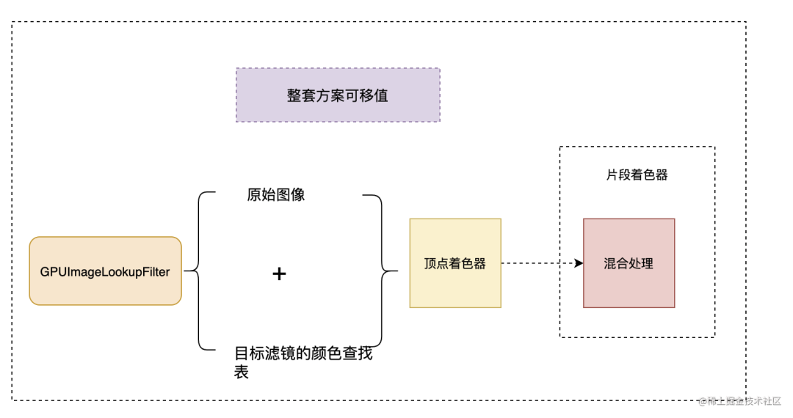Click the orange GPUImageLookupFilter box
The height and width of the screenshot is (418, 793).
click(105, 271)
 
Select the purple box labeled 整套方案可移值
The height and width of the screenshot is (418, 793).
click(338, 95)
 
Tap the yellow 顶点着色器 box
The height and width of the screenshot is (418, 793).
click(455, 263)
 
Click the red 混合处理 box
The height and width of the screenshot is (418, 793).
click(629, 263)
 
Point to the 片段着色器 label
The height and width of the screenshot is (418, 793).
click(637, 175)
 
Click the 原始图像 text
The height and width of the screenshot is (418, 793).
click(275, 195)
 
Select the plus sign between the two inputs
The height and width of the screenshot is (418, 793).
click(279, 274)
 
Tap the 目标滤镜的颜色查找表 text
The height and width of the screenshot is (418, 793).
click(303, 354)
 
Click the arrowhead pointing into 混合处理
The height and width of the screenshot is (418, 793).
click(579, 263)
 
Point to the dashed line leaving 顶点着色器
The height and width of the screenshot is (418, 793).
click(536, 263)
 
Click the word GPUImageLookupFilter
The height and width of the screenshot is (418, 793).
click(105, 272)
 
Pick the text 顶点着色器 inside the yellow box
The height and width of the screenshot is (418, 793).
click(455, 263)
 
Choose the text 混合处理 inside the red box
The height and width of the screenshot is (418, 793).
click(629, 263)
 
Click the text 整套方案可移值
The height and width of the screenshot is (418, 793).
click(338, 96)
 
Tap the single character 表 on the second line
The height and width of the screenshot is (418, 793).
click(242, 372)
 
